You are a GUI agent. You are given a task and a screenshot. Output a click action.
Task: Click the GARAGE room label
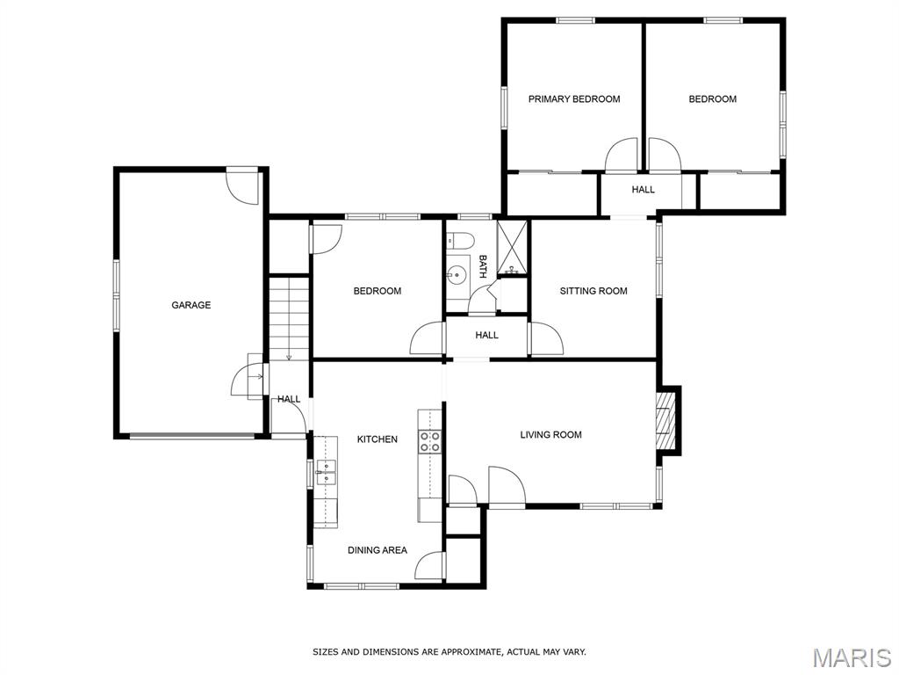click(191, 305)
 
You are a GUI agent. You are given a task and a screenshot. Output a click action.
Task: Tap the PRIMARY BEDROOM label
click(573, 99)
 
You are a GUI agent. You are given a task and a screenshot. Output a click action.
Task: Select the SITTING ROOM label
click(593, 291)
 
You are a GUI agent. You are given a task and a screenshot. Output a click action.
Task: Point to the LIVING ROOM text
click(550, 435)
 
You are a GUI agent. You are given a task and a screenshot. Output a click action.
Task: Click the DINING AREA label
click(377, 550)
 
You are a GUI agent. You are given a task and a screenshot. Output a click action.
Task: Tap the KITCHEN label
click(377, 439)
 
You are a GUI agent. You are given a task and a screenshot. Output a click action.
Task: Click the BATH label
click(483, 267)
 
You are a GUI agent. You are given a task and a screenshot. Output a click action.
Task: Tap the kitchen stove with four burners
click(429, 441)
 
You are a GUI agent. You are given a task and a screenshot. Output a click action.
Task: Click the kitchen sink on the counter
click(327, 472)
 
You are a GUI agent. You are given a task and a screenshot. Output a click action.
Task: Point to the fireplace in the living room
click(667, 421)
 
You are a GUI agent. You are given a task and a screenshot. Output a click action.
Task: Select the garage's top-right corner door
click(241, 185)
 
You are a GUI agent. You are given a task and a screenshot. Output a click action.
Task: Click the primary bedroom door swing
click(622, 156)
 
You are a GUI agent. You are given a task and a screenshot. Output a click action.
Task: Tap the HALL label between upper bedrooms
click(643, 190)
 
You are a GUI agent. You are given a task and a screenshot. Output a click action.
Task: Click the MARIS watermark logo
click(852, 657)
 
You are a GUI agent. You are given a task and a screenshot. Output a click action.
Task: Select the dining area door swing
click(431, 565)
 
